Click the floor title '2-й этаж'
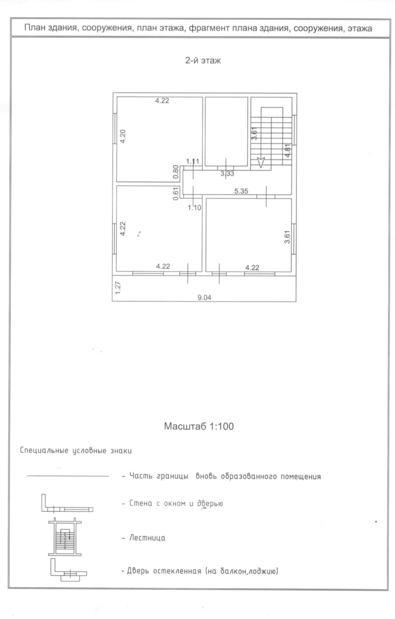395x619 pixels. [x=203, y=60]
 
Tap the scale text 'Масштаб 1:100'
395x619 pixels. [x=199, y=426]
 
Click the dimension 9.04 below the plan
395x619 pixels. [x=204, y=298]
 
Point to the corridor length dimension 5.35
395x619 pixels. [x=241, y=191]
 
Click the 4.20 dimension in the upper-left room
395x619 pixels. [x=123, y=136]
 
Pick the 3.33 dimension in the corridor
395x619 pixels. [x=227, y=173]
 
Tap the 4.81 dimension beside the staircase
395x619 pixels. [x=288, y=150]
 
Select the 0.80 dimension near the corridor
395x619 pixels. [x=176, y=172]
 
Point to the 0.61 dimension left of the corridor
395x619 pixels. [x=176, y=193]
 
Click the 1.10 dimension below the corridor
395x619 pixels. [x=195, y=208]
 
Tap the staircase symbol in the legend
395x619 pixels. [x=65, y=537]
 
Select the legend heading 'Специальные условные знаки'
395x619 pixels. [x=76, y=451]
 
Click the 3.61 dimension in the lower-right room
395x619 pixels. [x=287, y=237]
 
